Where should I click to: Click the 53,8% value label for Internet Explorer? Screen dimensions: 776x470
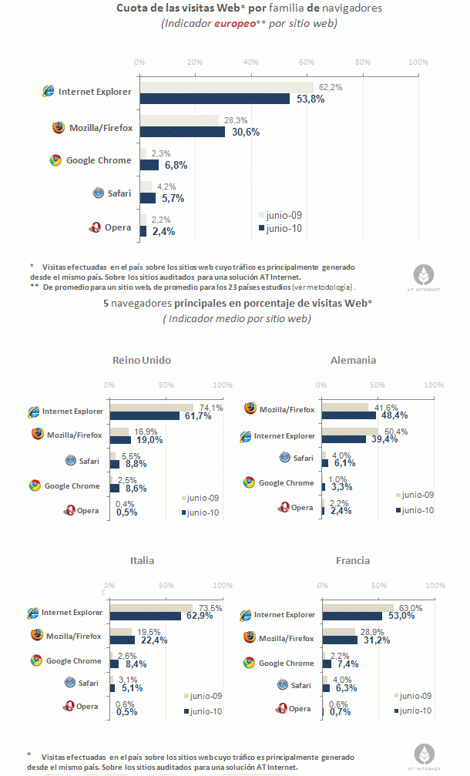pos(311,99)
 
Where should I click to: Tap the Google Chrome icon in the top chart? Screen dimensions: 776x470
pos(55,160)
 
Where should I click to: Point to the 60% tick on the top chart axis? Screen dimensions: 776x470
pos(307,62)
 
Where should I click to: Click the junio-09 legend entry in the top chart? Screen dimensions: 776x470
pos(282,216)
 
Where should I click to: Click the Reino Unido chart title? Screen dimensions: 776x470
pos(142,360)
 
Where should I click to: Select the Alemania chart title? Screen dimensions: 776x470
pos(353,360)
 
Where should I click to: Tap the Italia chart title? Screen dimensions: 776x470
pos(142,560)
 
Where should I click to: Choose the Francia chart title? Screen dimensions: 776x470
pos(353,560)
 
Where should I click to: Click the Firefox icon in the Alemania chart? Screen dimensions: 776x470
pos(250,408)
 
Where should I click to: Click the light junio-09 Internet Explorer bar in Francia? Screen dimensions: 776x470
pos(358,608)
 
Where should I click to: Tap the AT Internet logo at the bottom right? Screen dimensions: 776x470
pos(425,755)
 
